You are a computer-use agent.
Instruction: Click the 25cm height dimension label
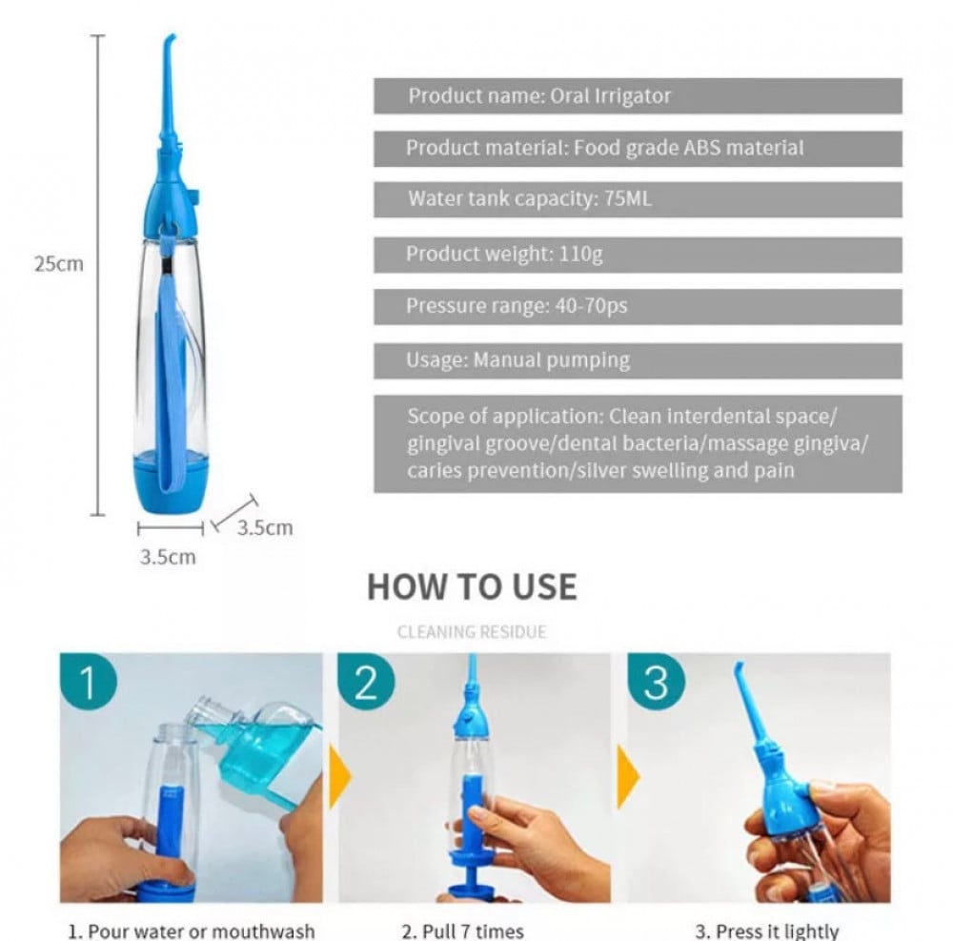click(x=58, y=264)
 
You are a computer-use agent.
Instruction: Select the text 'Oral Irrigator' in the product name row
click(x=610, y=96)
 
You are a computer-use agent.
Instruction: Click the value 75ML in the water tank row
click(x=628, y=198)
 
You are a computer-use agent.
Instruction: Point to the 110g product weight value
click(x=580, y=254)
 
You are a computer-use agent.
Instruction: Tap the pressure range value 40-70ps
click(x=591, y=306)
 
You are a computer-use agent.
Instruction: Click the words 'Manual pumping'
click(x=551, y=360)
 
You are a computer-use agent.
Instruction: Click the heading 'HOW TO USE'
click(x=473, y=587)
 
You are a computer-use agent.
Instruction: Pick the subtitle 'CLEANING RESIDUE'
click(x=472, y=632)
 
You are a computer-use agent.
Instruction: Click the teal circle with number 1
click(x=88, y=681)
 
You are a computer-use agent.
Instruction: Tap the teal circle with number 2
click(x=366, y=681)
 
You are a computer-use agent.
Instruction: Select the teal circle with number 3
click(x=657, y=681)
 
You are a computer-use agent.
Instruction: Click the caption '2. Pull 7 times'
click(x=463, y=931)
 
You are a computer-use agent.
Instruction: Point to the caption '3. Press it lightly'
click(x=767, y=931)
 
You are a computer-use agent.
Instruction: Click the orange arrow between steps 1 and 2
click(x=339, y=777)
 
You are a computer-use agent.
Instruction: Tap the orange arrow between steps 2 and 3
click(x=628, y=777)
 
